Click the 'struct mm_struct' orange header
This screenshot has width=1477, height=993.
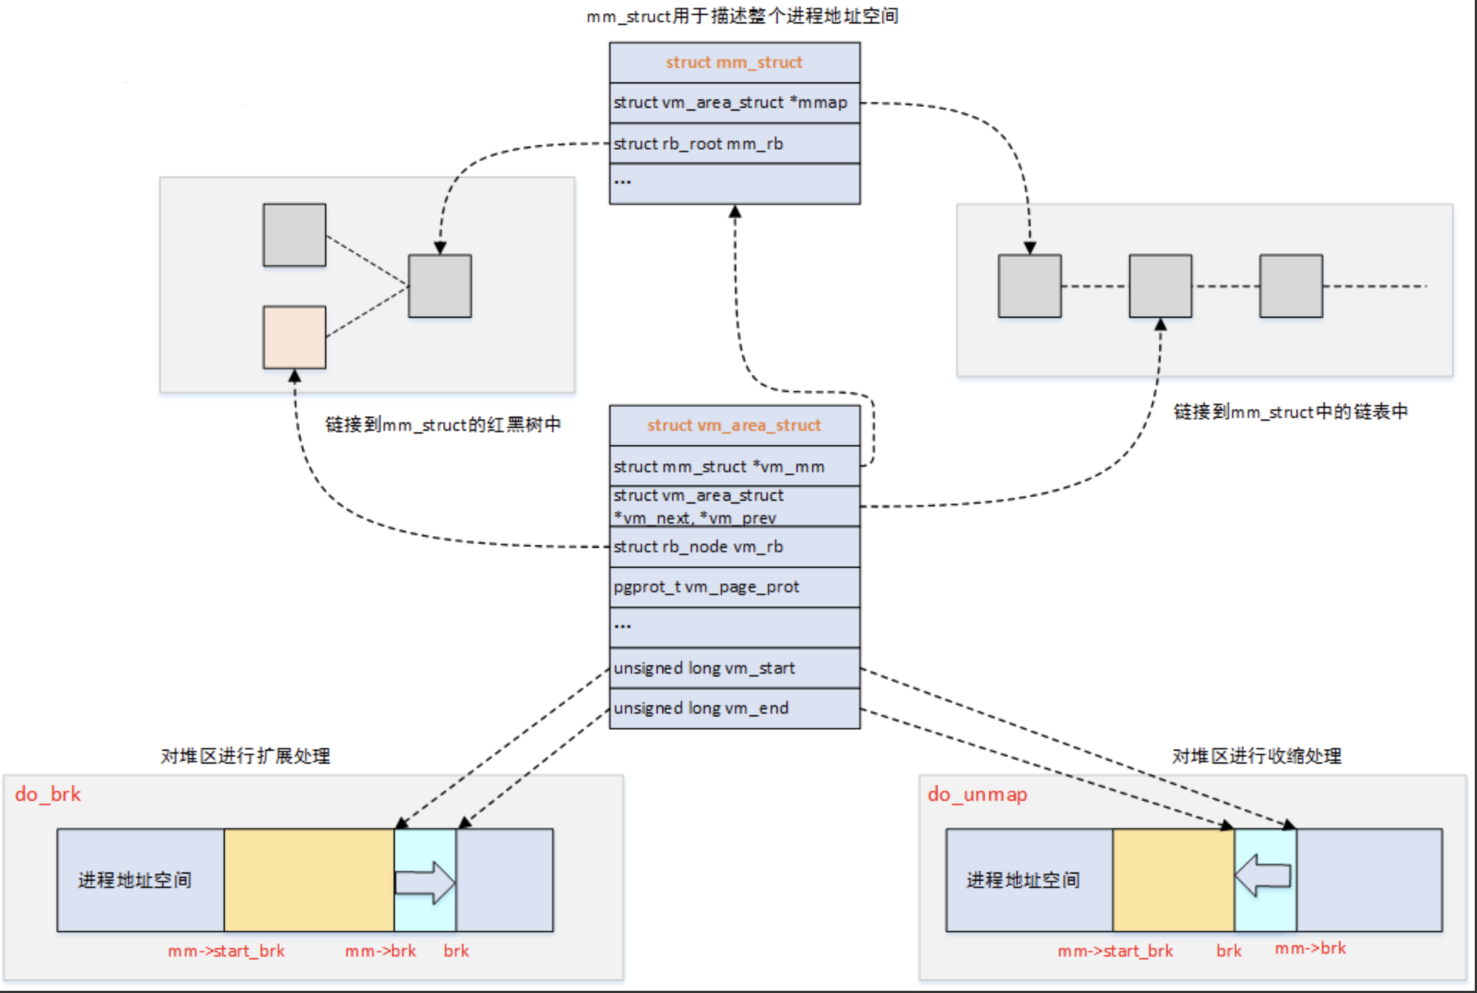[x=734, y=63]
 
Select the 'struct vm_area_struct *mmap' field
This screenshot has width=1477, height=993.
[x=731, y=103]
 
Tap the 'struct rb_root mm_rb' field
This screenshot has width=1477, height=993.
[x=699, y=144]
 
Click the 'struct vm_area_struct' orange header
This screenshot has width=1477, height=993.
[x=734, y=426]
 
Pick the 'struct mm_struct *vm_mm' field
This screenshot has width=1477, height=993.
[x=719, y=466]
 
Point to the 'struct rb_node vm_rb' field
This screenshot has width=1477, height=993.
[x=699, y=547]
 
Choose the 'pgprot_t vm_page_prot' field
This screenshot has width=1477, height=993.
[x=706, y=587]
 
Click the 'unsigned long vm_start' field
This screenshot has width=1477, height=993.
[x=704, y=668]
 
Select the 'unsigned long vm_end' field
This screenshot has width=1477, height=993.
[x=701, y=708]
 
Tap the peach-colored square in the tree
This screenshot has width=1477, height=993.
[x=294, y=337]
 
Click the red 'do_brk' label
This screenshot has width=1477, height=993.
[x=48, y=794]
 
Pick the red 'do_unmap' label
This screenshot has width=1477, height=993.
[x=977, y=794]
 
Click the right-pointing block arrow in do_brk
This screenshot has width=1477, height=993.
[x=425, y=882]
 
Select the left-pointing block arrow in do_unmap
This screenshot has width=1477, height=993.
[x=1263, y=876]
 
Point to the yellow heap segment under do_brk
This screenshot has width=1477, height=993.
[x=309, y=880]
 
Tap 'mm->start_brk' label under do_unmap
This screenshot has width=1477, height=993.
[x=1115, y=951]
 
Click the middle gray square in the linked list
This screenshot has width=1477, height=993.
[x=1161, y=286]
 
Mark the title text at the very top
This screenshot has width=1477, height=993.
[x=742, y=16]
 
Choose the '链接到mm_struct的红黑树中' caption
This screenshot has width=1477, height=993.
[x=443, y=425]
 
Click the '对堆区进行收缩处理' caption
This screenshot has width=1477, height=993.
[x=1256, y=756]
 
